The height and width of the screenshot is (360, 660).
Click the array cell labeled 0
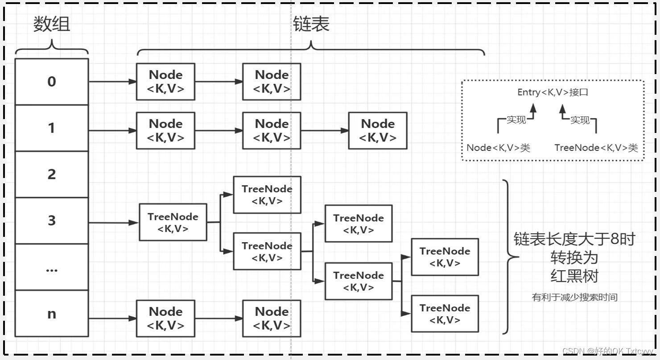(x=52, y=82)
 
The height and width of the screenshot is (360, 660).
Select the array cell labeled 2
(x=52, y=174)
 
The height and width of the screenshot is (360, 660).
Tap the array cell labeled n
(x=52, y=314)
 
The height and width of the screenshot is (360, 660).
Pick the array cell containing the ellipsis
(x=52, y=267)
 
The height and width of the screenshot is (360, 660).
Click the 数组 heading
(x=52, y=24)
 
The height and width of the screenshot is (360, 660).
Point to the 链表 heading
(x=311, y=24)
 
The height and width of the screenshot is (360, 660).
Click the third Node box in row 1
(x=378, y=131)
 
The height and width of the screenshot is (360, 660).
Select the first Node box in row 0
(x=165, y=82)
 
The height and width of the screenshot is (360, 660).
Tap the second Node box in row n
(x=272, y=319)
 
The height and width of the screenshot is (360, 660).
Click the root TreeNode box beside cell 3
(x=173, y=222)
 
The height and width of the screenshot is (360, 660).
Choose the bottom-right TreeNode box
(x=445, y=314)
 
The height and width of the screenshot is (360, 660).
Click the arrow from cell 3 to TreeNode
(x=114, y=223)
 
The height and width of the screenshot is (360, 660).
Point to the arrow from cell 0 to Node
(x=112, y=82)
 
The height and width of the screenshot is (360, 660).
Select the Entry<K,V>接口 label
(x=553, y=92)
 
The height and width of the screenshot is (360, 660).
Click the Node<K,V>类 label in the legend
(x=498, y=147)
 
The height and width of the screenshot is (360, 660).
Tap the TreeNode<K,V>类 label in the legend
(x=596, y=147)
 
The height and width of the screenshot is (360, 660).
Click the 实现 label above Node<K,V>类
(x=516, y=120)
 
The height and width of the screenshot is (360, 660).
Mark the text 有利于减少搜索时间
(x=574, y=297)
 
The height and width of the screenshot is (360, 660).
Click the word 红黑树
(x=574, y=276)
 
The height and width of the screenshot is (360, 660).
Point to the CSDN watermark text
(x=607, y=351)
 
